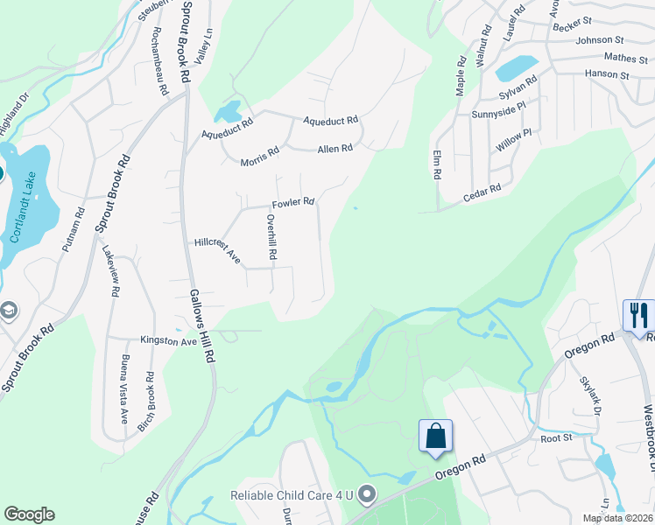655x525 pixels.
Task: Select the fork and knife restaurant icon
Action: pos(637,315)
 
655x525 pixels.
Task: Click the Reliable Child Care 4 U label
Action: pos(291,495)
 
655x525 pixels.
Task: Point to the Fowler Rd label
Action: pos(292,203)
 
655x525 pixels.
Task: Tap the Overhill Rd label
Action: pos(271,238)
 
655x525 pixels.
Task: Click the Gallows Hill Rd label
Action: pos(203,325)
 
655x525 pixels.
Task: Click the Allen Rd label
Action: pos(335,149)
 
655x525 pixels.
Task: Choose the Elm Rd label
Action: pos(436,164)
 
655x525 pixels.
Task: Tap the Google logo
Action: pos(29,514)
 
